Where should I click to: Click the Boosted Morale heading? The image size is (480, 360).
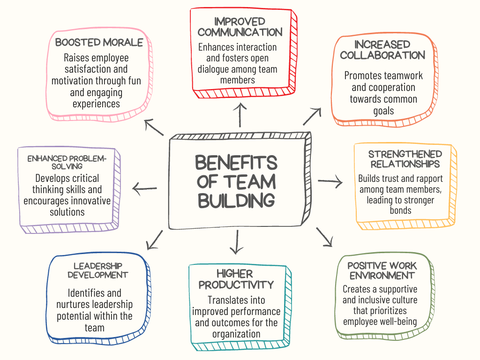tap(99, 43)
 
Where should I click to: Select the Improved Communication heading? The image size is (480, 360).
tap(240, 27)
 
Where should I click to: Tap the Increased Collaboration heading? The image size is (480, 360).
tap(382, 50)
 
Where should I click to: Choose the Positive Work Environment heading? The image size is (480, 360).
tap(382, 270)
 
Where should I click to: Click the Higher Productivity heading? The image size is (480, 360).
tap(236, 279)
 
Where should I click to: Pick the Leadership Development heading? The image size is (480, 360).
tap(97, 270)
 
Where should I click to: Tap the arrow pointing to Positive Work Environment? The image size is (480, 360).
tap(324, 237)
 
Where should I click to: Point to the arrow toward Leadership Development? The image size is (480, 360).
tap(155, 240)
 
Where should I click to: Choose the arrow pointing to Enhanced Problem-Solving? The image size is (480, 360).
tap(145, 189)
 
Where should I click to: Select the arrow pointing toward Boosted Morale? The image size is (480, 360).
tap(154, 127)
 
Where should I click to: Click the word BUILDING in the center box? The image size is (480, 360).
tap(236, 200)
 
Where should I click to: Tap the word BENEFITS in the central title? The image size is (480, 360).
tap(236, 163)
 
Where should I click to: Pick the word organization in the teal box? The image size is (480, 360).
tap(236, 334)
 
